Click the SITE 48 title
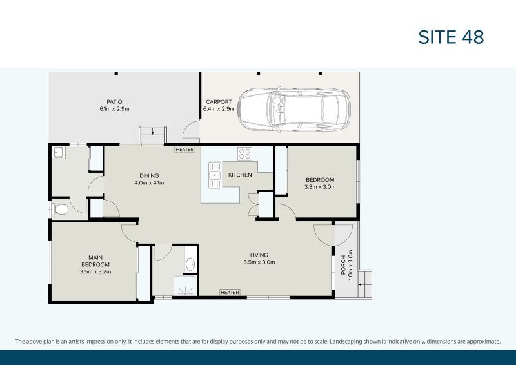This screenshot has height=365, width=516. point(451,37)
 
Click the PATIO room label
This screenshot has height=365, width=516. point(115,101)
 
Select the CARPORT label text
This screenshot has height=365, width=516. point(218,102)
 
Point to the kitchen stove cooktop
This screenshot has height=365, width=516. point(245,153)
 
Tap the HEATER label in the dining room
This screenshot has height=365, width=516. point(184,150)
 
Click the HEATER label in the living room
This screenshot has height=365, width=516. point(230,293)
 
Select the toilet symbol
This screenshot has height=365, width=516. point(61,210)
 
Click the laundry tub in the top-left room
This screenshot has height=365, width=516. point(58,153)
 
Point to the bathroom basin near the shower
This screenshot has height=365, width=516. point(190,264)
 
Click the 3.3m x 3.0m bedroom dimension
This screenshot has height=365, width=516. point(320,187)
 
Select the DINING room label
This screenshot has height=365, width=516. point(149,175)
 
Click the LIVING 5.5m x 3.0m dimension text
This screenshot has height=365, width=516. point(259,262)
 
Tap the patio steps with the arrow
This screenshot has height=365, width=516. point(152,134)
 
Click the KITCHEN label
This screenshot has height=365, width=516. point(240,175)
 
